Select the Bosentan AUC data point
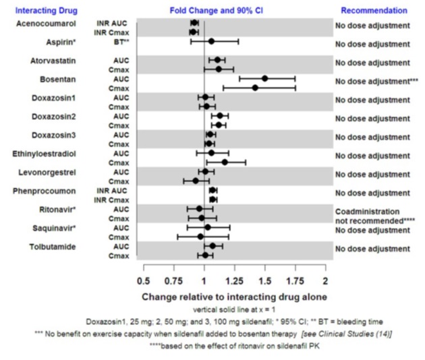(264, 78)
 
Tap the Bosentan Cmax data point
(255, 88)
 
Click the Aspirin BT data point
(211, 41)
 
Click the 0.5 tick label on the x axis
(143, 279)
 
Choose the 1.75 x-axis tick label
(295, 279)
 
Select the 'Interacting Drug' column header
(45, 11)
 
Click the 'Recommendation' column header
(374, 11)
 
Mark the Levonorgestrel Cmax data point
(196, 181)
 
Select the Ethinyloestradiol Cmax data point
(225, 162)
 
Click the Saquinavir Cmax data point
(200, 237)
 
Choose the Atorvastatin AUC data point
(218, 60)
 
